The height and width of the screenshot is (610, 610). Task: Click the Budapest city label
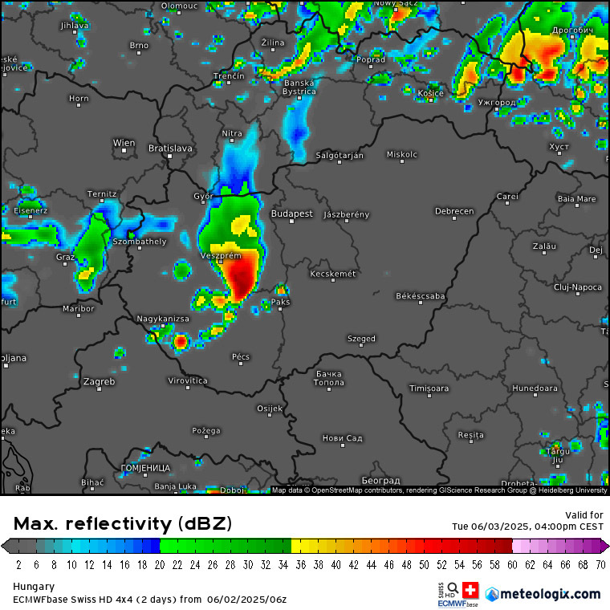click(291, 214)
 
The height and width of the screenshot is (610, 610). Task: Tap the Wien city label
click(124, 144)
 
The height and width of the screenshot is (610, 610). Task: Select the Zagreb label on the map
click(100, 382)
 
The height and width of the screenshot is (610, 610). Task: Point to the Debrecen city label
click(454, 212)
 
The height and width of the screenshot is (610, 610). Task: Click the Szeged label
click(361, 339)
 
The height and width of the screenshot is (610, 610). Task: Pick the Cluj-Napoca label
click(577, 287)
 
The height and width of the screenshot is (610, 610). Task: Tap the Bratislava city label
click(170, 148)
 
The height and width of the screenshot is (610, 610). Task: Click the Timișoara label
click(429, 388)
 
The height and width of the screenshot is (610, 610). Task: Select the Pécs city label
click(241, 357)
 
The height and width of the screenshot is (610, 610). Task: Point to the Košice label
click(430, 93)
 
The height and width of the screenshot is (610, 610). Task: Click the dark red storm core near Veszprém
click(242, 277)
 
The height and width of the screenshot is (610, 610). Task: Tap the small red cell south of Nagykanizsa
click(181, 342)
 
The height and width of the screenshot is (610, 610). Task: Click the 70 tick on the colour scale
click(600, 564)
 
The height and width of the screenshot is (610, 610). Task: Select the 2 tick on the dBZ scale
click(18, 564)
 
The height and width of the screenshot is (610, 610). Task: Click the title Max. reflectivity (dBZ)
click(122, 524)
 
